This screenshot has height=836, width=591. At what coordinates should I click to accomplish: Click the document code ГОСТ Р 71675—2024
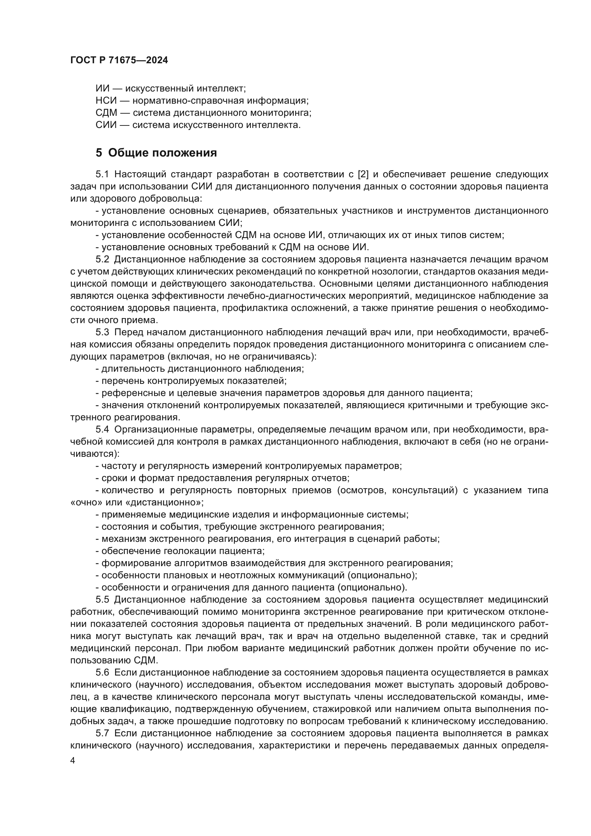119,60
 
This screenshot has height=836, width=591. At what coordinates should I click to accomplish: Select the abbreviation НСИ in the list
106,100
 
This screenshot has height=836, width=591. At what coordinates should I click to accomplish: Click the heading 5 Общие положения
156,153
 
